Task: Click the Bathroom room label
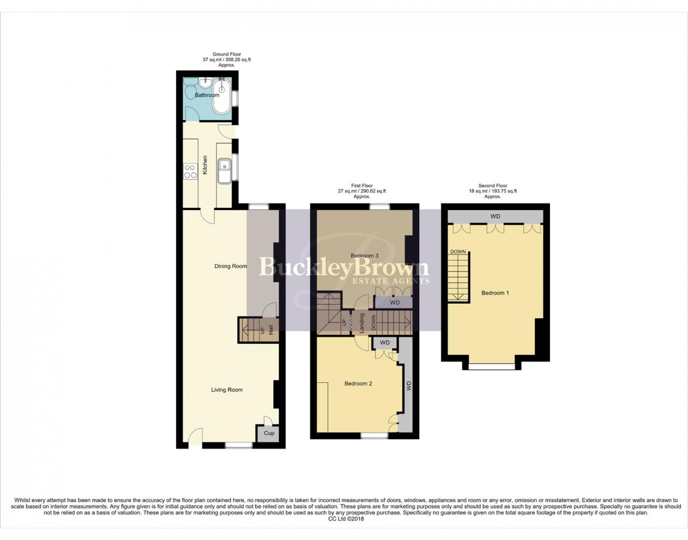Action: [x=207, y=95]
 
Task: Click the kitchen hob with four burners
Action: [x=190, y=171]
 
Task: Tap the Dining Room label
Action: [x=231, y=266]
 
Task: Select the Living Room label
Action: [x=227, y=390]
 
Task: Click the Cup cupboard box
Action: [x=269, y=433]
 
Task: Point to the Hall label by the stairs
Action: [x=270, y=329]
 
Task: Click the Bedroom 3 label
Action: [x=364, y=256]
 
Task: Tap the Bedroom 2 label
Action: [x=358, y=384]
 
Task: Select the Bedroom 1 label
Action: [x=495, y=293]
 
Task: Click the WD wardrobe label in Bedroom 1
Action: [x=495, y=216]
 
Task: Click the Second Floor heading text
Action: [x=492, y=185]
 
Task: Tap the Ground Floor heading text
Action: [x=227, y=54]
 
